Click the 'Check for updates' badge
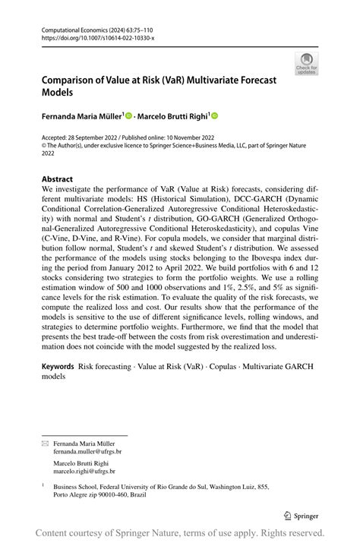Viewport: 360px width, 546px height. tap(307, 64)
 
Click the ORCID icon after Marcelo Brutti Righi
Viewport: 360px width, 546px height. tap(215, 115)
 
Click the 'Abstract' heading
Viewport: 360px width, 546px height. tap(58, 180)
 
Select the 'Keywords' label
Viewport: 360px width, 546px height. tap(58, 366)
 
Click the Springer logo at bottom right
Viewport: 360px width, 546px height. tap(302, 513)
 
